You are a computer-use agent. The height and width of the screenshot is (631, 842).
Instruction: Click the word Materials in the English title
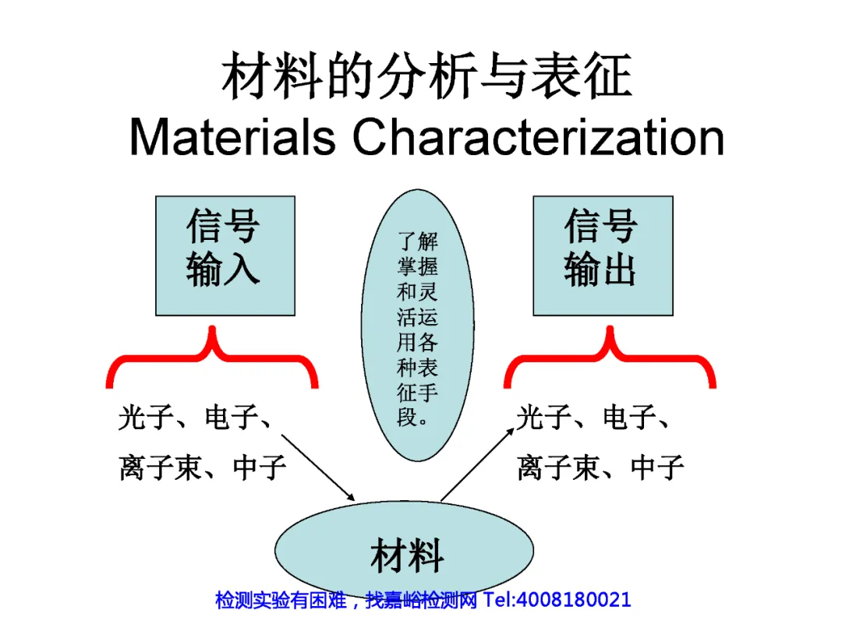232,137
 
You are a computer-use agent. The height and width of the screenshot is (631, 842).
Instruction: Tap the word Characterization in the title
538,137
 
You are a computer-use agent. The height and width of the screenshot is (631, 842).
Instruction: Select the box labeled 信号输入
225,255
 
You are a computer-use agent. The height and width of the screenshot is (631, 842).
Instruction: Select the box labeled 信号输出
602,255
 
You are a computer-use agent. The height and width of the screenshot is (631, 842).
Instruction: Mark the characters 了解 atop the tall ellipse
418,241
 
